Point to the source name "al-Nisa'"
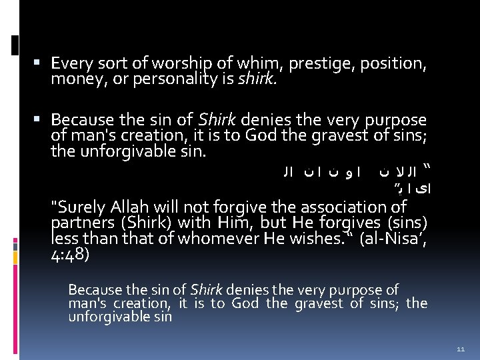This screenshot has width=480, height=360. coord(387,238)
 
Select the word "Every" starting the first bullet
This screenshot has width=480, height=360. coord(72,65)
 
